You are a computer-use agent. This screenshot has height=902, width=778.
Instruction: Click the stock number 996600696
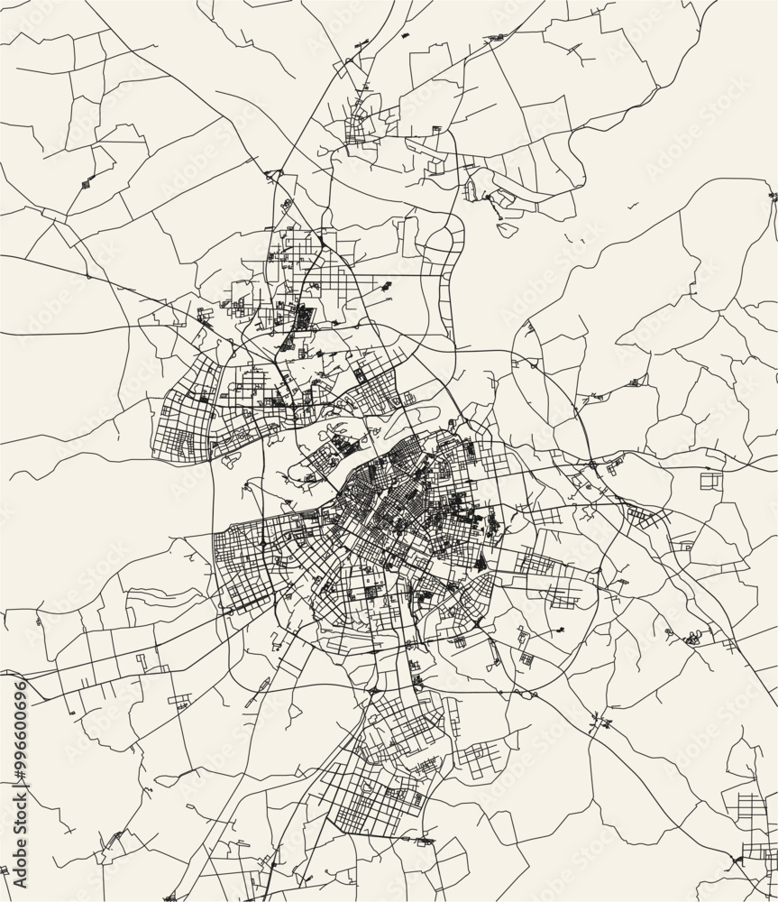[17, 722]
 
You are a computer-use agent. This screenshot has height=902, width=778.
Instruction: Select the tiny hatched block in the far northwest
[87, 184]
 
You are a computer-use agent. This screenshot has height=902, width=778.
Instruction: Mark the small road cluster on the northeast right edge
[772, 196]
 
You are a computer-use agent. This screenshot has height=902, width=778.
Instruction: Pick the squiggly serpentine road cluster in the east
[692, 639]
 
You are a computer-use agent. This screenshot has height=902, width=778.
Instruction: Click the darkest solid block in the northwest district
[305, 318]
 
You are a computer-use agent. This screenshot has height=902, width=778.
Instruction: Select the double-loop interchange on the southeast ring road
[522, 694]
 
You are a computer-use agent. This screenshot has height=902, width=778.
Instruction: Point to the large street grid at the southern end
[379, 785]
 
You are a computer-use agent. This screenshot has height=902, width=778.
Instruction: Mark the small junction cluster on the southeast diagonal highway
[599, 723]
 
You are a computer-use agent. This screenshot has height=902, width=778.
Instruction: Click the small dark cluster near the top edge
[495, 39]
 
